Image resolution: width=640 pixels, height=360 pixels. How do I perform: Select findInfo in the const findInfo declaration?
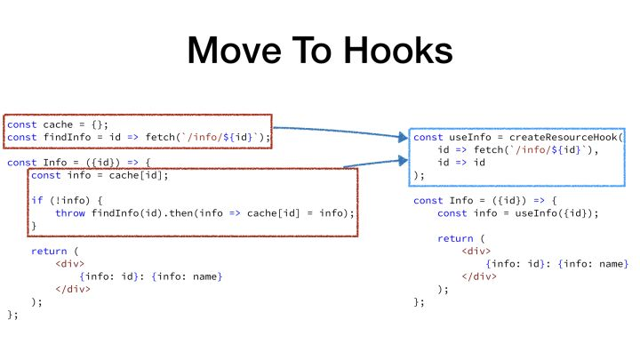[x=68, y=138]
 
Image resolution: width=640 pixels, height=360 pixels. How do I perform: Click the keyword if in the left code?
[x=36, y=200]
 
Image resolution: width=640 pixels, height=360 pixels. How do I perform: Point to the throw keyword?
[x=70, y=213]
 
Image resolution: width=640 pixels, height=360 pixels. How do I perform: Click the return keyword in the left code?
[x=49, y=252]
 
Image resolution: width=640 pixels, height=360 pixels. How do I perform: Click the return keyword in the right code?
[x=455, y=238]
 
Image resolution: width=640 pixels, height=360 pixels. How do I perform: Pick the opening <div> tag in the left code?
[x=70, y=264]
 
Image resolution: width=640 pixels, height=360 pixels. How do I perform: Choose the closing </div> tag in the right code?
[x=480, y=276]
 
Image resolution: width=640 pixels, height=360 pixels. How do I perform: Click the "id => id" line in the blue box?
[x=460, y=163]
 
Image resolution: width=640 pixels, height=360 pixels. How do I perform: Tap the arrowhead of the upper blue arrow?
[x=404, y=138]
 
